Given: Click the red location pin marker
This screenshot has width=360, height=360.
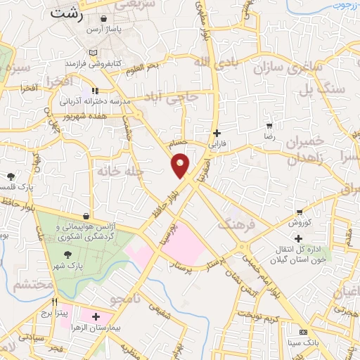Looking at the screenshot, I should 180,165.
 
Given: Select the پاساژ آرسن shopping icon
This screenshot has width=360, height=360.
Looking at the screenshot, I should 104,19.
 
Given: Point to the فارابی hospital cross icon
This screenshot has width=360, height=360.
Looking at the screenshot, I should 217,132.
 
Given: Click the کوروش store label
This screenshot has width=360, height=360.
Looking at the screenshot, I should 300,222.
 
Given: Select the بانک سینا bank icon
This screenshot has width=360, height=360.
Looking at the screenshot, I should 304,332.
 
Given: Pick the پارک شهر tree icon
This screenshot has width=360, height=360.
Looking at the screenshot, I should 67,255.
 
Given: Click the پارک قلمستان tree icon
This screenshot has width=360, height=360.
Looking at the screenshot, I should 11,176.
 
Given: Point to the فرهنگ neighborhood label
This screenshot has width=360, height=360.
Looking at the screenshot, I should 235,225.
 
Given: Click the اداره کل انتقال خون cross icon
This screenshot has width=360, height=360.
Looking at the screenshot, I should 299,239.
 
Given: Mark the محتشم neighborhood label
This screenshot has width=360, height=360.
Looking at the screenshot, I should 32,284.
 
